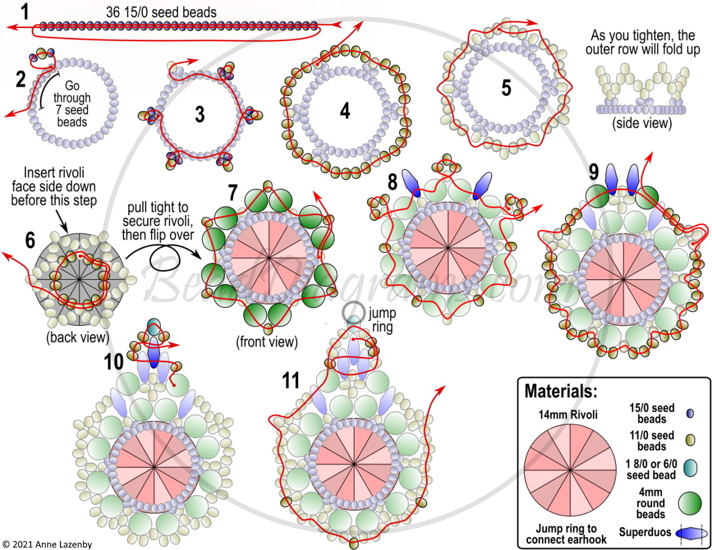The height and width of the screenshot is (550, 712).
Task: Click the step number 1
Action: [x=24, y=12]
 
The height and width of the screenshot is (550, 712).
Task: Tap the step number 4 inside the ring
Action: [x=345, y=111]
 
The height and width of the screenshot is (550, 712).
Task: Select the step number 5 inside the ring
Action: [x=506, y=87]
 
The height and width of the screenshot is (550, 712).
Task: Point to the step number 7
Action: [x=233, y=193]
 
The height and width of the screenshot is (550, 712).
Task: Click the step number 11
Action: [x=291, y=381]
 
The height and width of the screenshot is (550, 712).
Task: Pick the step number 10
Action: [x=114, y=362]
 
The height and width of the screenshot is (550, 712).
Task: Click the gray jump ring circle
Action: [x=354, y=312]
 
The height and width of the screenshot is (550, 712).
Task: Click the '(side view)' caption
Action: [x=642, y=123]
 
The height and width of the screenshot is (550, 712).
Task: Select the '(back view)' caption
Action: [x=78, y=337]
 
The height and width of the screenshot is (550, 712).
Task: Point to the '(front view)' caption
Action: [x=267, y=342]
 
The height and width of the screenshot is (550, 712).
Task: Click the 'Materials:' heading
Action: [x=561, y=391]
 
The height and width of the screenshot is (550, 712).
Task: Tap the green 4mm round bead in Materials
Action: [x=690, y=504]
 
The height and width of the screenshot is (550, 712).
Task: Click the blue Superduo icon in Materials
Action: [x=692, y=533]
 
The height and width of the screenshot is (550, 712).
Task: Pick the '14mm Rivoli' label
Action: [x=568, y=415]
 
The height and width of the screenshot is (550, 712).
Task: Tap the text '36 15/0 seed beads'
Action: [x=161, y=12]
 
